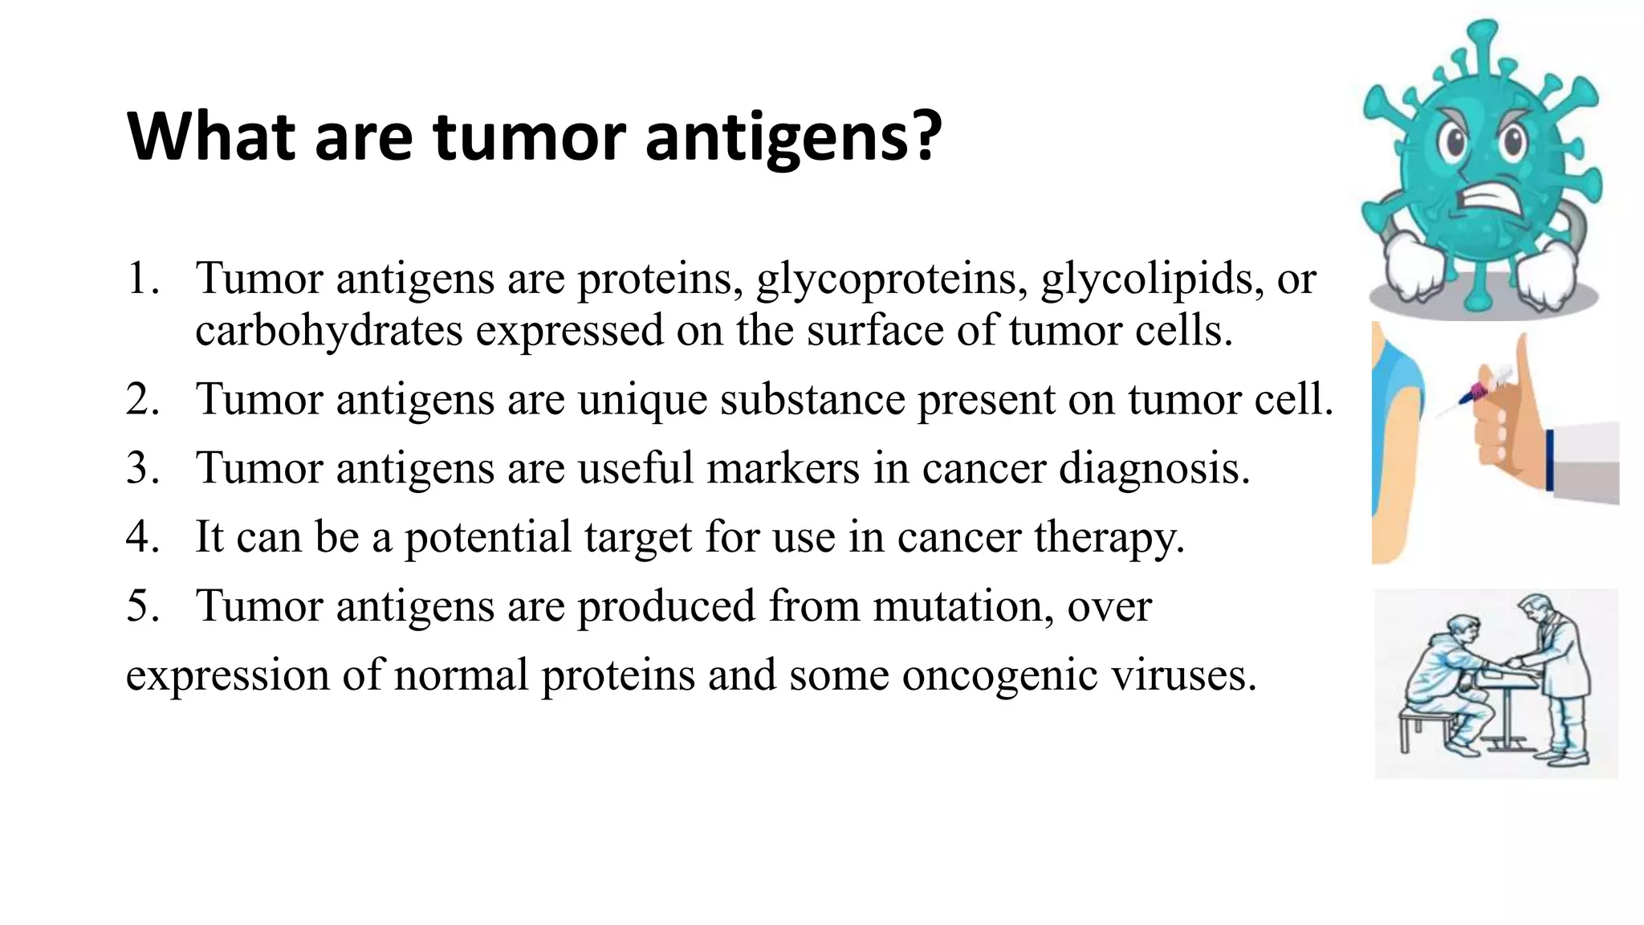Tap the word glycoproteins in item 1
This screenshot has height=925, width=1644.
891,279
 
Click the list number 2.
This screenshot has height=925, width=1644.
142,399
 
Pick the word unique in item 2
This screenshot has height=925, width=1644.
642,399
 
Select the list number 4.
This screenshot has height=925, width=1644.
142,536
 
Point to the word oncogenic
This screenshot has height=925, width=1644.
999,674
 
